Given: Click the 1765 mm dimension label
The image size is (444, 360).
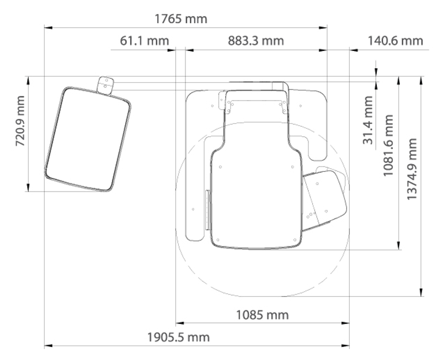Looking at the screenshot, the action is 181,19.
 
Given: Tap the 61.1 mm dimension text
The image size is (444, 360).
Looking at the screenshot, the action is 144,41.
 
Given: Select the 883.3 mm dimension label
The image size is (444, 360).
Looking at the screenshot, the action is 256,41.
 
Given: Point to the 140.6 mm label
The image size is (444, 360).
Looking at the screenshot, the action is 395,41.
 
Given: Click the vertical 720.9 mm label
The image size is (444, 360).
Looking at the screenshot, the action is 20,121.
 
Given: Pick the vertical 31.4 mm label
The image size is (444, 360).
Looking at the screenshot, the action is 368,120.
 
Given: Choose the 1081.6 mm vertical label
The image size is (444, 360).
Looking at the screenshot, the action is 388,145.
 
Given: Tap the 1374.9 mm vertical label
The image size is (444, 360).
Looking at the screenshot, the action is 412,169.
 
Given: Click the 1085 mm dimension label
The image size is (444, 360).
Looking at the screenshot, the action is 262,315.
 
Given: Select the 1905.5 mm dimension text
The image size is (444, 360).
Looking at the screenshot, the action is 178,337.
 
